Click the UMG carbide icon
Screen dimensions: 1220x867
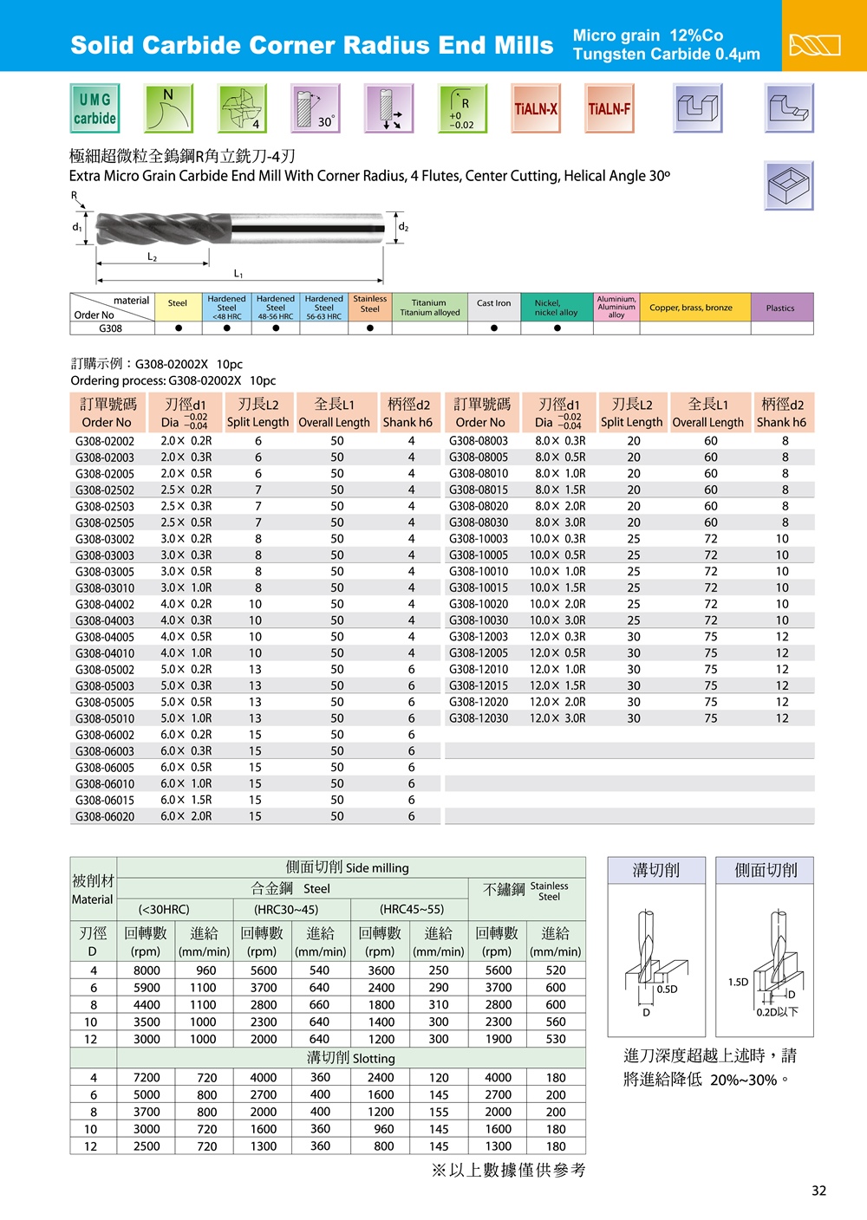coord(95,108)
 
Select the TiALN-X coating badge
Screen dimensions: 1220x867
coord(536,108)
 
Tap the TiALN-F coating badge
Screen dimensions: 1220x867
coord(610,108)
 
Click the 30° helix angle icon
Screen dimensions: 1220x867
coord(316,108)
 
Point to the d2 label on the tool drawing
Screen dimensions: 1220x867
coord(403,227)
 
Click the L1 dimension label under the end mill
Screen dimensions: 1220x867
coord(238,274)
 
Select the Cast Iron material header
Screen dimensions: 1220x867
coord(493,303)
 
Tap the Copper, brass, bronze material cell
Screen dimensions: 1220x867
coord(691,308)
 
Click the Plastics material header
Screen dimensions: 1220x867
coord(780,308)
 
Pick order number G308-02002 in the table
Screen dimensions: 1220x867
coord(105,441)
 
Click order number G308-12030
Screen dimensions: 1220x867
coord(479,718)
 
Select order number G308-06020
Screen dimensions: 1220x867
coord(105,816)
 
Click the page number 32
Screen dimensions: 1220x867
coord(818,1191)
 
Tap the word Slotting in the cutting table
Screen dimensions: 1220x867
coord(374,1059)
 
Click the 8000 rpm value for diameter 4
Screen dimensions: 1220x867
coord(147,970)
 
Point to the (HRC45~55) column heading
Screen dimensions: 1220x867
coord(411,909)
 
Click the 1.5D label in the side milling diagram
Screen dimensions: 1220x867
coord(738,982)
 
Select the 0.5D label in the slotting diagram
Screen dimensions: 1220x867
coord(667,989)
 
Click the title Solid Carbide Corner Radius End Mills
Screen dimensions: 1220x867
coord(311,45)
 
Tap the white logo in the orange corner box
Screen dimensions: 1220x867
coord(814,44)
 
